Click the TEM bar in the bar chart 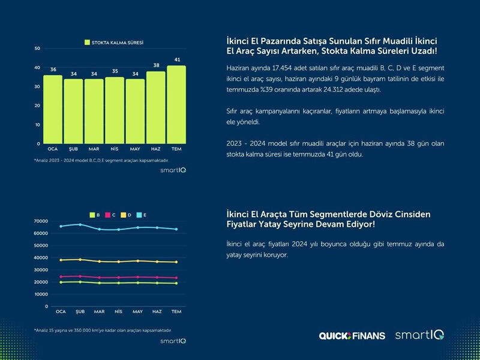[176, 105]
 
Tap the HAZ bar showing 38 [156, 108]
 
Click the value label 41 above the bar [176, 60]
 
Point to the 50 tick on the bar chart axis [37, 49]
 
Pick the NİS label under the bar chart [115, 148]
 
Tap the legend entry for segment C [110, 214]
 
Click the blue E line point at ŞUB [80, 224]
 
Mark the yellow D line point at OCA [61, 260]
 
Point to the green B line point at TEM [176, 283]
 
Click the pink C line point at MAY [138, 277]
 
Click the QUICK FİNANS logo [352, 336]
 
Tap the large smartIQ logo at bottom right [419, 335]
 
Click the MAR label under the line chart [99, 312]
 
